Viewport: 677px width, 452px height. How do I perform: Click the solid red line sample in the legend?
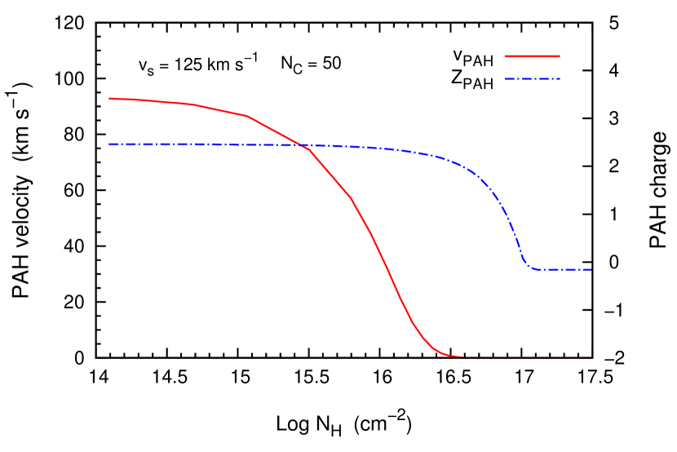[x=533, y=56]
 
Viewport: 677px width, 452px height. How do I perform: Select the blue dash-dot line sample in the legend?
[x=533, y=78]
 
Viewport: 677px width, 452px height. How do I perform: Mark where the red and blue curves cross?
[x=299, y=144]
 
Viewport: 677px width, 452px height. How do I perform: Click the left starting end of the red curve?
[x=109, y=99]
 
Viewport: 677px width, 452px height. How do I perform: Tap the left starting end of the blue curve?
[x=109, y=144]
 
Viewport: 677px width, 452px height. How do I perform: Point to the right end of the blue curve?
[x=591, y=269]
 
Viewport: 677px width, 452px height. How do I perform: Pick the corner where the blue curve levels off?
[x=529, y=266]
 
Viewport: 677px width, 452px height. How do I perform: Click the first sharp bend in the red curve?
[x=248, y=116]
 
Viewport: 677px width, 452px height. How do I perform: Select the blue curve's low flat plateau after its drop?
[x=563, y=269]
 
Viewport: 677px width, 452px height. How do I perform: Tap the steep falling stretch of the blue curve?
[x=513, y=233]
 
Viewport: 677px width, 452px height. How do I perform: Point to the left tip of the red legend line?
[x=507, y=56]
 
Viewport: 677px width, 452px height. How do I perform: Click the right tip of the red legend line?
[x=560, y=56]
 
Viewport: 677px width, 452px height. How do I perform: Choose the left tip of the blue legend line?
[x=507, y=78]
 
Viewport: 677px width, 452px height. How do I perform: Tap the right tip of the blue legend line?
[x=560, y=78]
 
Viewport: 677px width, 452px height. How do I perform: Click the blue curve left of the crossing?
[x=204, y=144]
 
